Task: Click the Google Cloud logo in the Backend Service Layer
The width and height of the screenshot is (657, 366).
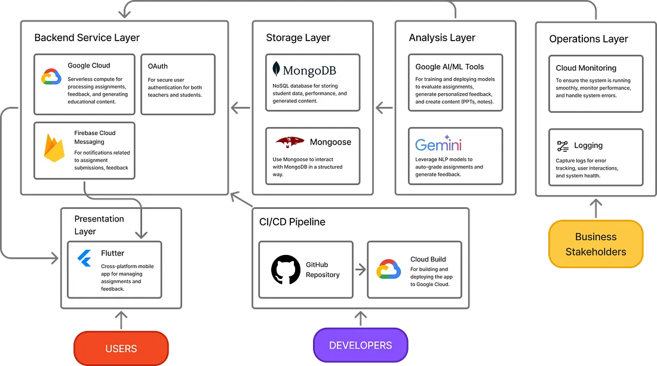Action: pyautogui.click(x=51, y=77)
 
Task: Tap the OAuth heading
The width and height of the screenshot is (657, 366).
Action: pyautogui.click(x=158, y=66)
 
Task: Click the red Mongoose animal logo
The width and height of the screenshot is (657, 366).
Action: pyautogui.click(x=290, y=142)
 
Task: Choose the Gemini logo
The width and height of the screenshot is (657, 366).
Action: pyautogui.click(x=438, y=144)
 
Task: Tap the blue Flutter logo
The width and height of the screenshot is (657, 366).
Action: pyautogui.click(x=84, y=258)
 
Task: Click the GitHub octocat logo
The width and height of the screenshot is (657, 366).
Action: pyautogui.click(x=285, y=270)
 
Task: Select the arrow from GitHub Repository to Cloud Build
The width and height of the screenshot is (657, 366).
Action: pyautogui.click(x=360, y=270)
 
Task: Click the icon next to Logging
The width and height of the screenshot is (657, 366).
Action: pyautogui.click(x=562, y=146)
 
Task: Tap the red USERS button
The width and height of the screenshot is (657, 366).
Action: pyautogui.click(x=121, y=349)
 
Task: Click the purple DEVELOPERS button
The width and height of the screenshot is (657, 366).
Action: pyautogui.click(x=360, y=346)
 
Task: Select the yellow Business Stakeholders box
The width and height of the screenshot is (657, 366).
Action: pyautogui.click(x=595, y=244)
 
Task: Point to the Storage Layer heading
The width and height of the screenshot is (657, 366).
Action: pyautogui.click(x=299, y=38)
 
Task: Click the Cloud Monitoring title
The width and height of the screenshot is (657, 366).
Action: pyautogui.click(x=586, y=68)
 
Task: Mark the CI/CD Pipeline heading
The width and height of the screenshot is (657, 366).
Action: pyautogui.click(x=292, y=222)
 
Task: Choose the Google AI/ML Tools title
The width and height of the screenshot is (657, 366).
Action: pyautogui.click(x=450, y=66)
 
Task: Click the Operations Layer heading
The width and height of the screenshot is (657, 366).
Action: pyautogui.click(x=588, y=39)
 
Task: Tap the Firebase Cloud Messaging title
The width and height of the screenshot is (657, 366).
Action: pyautogui.click(x=95, y=137)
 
